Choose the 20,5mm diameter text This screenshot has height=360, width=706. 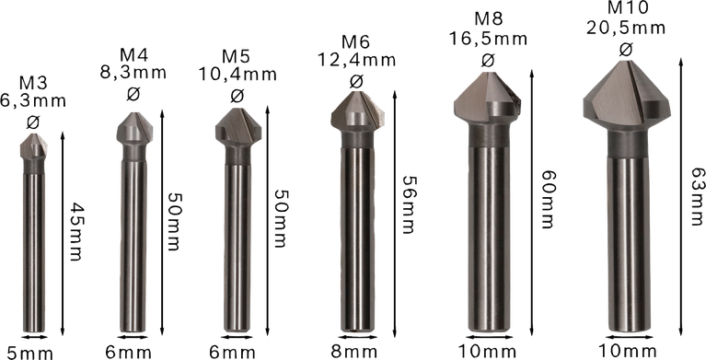coord(630,29)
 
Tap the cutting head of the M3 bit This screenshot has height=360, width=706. coord(35,145)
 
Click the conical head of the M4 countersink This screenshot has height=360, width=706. coord(133,128)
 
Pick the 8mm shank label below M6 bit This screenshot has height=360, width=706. coord(353,351)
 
